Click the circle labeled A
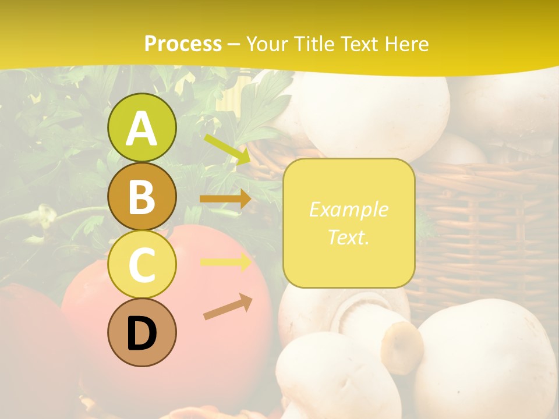pos(141,127)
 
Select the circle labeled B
pos(141,196)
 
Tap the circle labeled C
pos(141,264)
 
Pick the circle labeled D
pos(141,332)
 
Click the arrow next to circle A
pos(228,150)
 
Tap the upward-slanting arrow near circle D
pos(228,307)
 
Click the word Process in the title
pos(183,44)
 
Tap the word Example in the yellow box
pos(348,210)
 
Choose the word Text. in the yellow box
pos(348,237)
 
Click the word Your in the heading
pos(267,44)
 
